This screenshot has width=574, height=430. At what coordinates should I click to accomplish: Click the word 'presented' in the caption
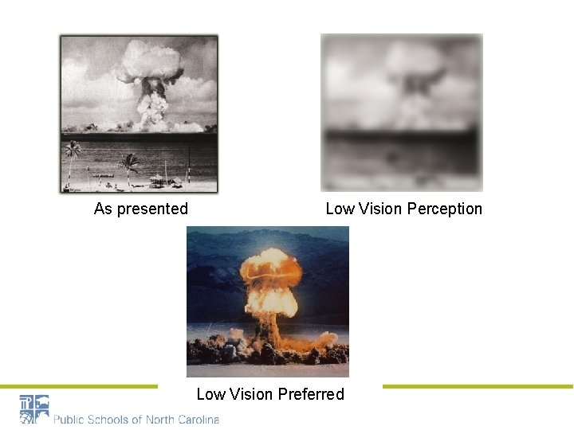pos(151,209)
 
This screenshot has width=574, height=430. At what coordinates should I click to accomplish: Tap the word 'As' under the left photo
pos(103,209)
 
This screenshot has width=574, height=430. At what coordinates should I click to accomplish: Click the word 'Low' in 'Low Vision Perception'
pos(340,209)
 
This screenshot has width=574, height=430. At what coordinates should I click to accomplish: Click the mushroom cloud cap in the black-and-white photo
pos(150,62)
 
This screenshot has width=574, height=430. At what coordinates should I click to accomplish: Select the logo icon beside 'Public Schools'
pos(34,409)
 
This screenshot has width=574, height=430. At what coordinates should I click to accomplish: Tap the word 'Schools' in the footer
pos(111,419)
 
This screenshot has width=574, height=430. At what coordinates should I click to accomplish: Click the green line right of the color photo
pos(478,387)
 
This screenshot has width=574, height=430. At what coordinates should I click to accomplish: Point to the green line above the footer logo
pos(79,387)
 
